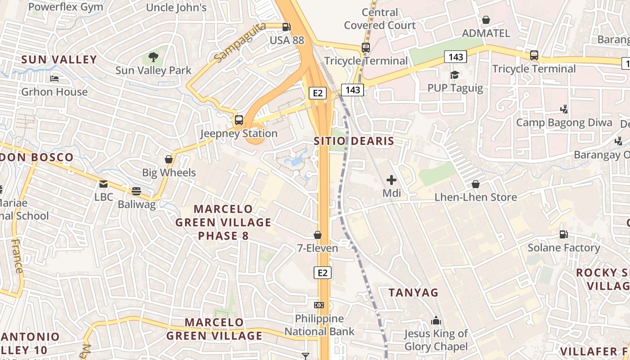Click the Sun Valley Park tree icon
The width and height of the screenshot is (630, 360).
[x=153, y=57]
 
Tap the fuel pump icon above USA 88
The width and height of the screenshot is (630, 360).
[x=286, y=27]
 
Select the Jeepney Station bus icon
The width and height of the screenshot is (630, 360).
[x=238, y=120]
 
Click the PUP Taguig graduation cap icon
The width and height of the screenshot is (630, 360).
[x=454, y=75]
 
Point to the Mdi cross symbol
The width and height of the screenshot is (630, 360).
[x=391, y=180]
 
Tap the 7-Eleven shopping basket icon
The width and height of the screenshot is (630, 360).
[x=318, y=235]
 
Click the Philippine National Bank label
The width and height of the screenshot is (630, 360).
[x=319, y=325]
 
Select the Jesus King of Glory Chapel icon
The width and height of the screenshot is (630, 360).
[x=436, y=321]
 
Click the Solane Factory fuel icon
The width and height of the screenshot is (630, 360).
[x=563, y=234]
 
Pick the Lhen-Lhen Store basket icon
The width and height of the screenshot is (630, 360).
[x=476, y=184]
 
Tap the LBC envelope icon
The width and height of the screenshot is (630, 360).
[x=103, y=184]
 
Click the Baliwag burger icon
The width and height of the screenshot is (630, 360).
[x=136, y=191]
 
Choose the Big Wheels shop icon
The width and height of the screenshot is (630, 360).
[x=169, y=159]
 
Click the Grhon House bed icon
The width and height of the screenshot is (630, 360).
[x=54, y=79]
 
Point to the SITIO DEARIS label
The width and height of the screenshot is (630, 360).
[x=354, y=141]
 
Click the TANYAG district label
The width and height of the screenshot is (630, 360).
[x=413, y=292]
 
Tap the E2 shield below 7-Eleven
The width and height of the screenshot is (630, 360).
[x=322, y=273]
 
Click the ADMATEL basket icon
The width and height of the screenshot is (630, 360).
[x=486, y=20]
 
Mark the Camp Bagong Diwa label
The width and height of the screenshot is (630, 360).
[x=564, y=122]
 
